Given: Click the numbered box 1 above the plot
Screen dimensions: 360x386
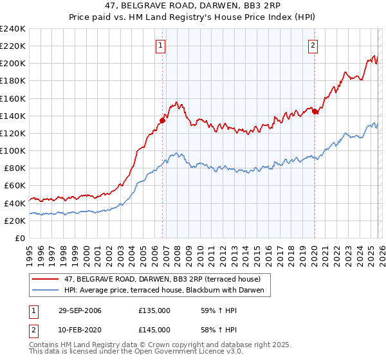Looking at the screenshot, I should point(160,45).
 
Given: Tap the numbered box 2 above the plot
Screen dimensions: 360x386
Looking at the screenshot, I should point(313,45).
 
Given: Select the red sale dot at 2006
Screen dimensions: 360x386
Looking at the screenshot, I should point(162,120).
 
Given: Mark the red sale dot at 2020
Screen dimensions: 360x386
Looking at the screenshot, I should point(315,111).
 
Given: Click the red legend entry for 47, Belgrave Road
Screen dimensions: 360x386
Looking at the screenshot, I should point(161,279).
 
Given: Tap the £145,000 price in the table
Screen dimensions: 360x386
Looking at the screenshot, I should point(154,329).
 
